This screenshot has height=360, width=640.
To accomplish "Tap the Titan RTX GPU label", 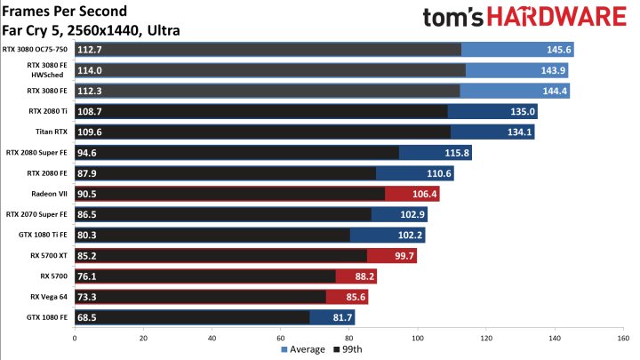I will pyautogui.click(x=55, y=132).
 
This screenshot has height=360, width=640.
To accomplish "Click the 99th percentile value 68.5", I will pyautogui.click(x=87, y=317).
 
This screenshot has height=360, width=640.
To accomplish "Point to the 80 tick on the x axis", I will pyautogui.click(x=348, y=338).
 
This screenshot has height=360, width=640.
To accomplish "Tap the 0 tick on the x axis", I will pyautogui.click(x=75, y=338).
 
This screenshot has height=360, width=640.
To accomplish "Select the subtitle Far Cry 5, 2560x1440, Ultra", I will pyautogui.click(x=92, y=29).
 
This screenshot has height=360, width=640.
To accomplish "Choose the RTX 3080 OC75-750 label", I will pyautogui.click(x=37, y=50).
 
